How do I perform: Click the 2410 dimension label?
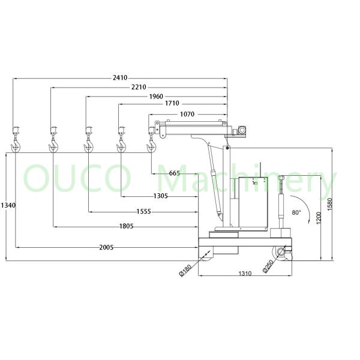tap(120, 77)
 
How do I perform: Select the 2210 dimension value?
tap(138, 87)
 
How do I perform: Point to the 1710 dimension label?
tap(172, 104)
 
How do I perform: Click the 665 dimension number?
tap(174, 173)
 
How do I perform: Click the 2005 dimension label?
tap(107, 247)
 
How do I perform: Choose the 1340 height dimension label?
tap(7, 206)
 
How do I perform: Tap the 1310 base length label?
tap(245, 274)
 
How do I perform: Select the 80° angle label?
tap(296, 212)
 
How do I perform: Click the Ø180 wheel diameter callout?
tap(185, 270)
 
